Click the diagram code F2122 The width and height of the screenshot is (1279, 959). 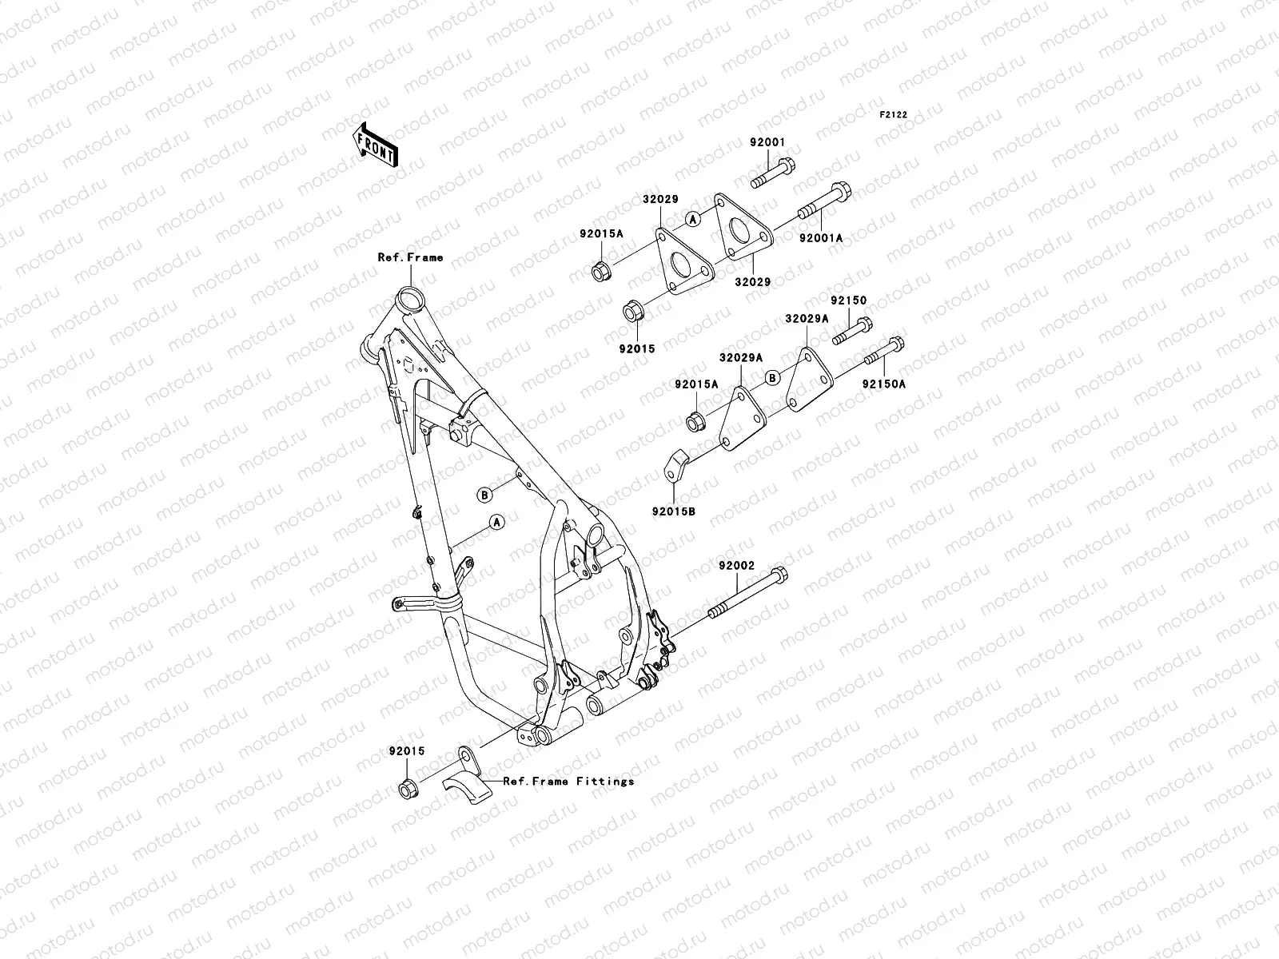click(x=894, y=115)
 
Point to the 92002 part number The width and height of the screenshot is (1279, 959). click(x=735, y=565)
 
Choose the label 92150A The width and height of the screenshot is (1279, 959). click(x=883, y=383)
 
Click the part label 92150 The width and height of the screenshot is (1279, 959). click(x=847, y=300)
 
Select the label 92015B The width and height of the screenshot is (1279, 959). click(x=673, y=510)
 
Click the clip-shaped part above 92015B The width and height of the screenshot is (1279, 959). click(x=676, y=465)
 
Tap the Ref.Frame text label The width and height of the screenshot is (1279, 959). click(x=410, y=257)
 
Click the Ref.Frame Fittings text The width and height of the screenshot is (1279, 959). click(x=568, y=781)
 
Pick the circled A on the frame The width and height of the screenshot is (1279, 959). click(x=496, y=522)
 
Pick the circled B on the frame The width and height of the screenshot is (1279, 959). click(x=484, y=495)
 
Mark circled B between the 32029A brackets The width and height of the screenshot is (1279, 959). click(x=771, y=378)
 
